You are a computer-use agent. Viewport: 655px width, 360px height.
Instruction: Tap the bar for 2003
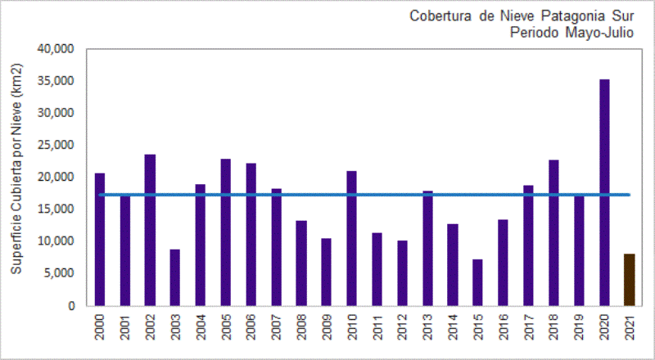pyautogui.click(x=175, y=277)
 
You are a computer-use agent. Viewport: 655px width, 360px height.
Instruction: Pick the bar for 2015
pyautogui.click(x=478, y=282)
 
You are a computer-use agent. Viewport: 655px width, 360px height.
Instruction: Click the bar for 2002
pyautogui.click(x=150, y=230)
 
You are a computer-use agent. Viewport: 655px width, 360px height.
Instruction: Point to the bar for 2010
pyautogui.click(x=352, y=238)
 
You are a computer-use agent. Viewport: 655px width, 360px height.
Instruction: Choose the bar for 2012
pyautogui.click(x=403, y=273)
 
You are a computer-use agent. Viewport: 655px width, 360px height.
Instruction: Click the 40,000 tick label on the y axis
pyautogui.click(x=56, y=49)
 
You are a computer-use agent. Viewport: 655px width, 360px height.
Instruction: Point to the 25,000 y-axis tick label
pyautogui.click(x=56, y=146)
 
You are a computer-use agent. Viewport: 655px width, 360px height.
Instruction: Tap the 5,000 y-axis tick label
pyautogui.click(x=60, y=274)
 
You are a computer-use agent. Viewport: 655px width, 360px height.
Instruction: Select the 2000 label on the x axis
pyautogui.click(x=100, y=331)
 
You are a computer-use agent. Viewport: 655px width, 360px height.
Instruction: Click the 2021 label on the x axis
pyautogui.click(x=630, y=331)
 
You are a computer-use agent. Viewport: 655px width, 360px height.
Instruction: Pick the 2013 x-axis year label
pyautogui.click(x=427, y=331)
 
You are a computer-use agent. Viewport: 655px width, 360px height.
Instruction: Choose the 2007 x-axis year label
pyautogui.click(x=276, y=331)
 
